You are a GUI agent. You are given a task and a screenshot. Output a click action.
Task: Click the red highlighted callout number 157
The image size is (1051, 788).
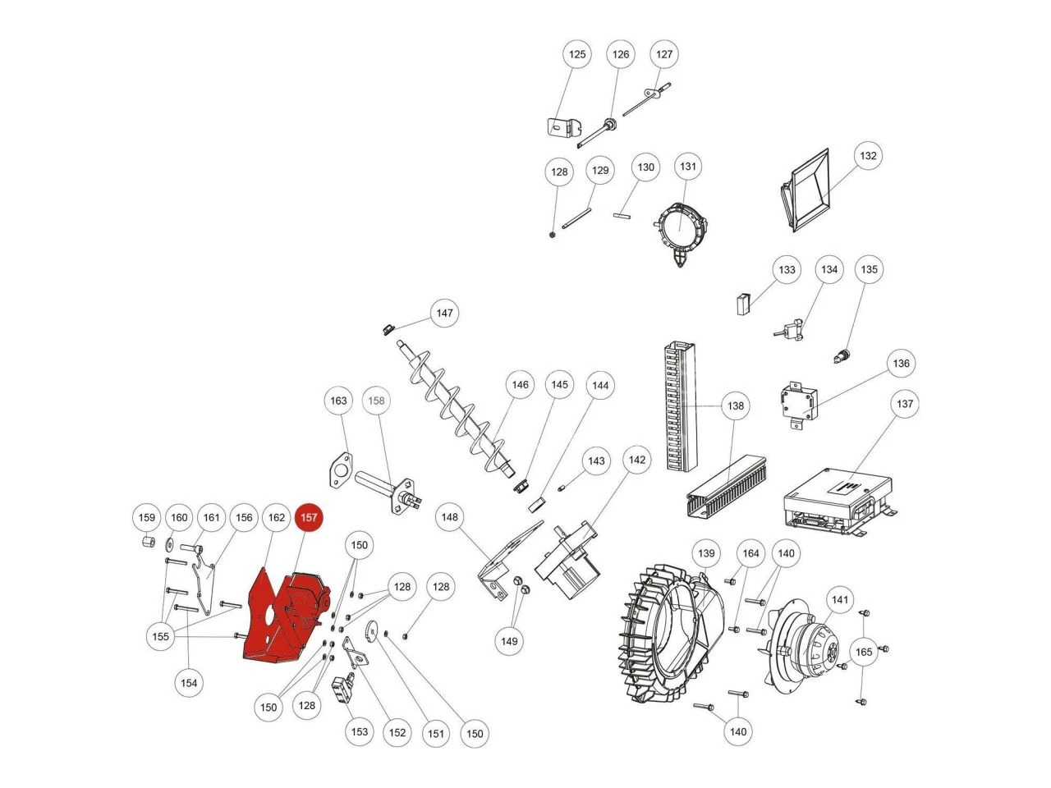pyautogui.click(x=309, y=517)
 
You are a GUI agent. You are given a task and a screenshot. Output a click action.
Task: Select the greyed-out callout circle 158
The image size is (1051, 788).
pyautogui.click(x=376, y=401)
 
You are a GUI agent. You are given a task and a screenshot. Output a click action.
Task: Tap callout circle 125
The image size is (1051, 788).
pyautogui.click(x=577, y=54)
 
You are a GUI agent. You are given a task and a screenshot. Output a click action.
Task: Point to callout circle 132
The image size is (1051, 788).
pyautogui.click(x=868, y=155)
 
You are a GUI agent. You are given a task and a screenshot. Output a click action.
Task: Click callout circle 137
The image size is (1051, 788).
pyautogui.click(x=905, y=404)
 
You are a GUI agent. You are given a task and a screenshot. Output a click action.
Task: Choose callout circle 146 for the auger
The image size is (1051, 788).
pyautogui.click(x=520, y=385)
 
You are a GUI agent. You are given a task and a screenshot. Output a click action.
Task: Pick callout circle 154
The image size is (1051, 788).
pyautogui.click(x=189, y=683)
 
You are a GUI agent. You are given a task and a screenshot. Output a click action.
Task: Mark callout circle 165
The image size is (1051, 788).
pyautogui.click(x=864, y=652)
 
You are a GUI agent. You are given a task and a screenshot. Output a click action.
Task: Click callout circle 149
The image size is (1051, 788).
pyautogui.click(x=509, y=641)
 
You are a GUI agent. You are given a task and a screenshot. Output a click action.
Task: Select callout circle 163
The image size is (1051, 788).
pyautogui.click(x=338, y=401)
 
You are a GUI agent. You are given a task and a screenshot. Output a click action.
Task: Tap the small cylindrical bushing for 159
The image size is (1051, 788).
pyautogui.click(x=149, y=543)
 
